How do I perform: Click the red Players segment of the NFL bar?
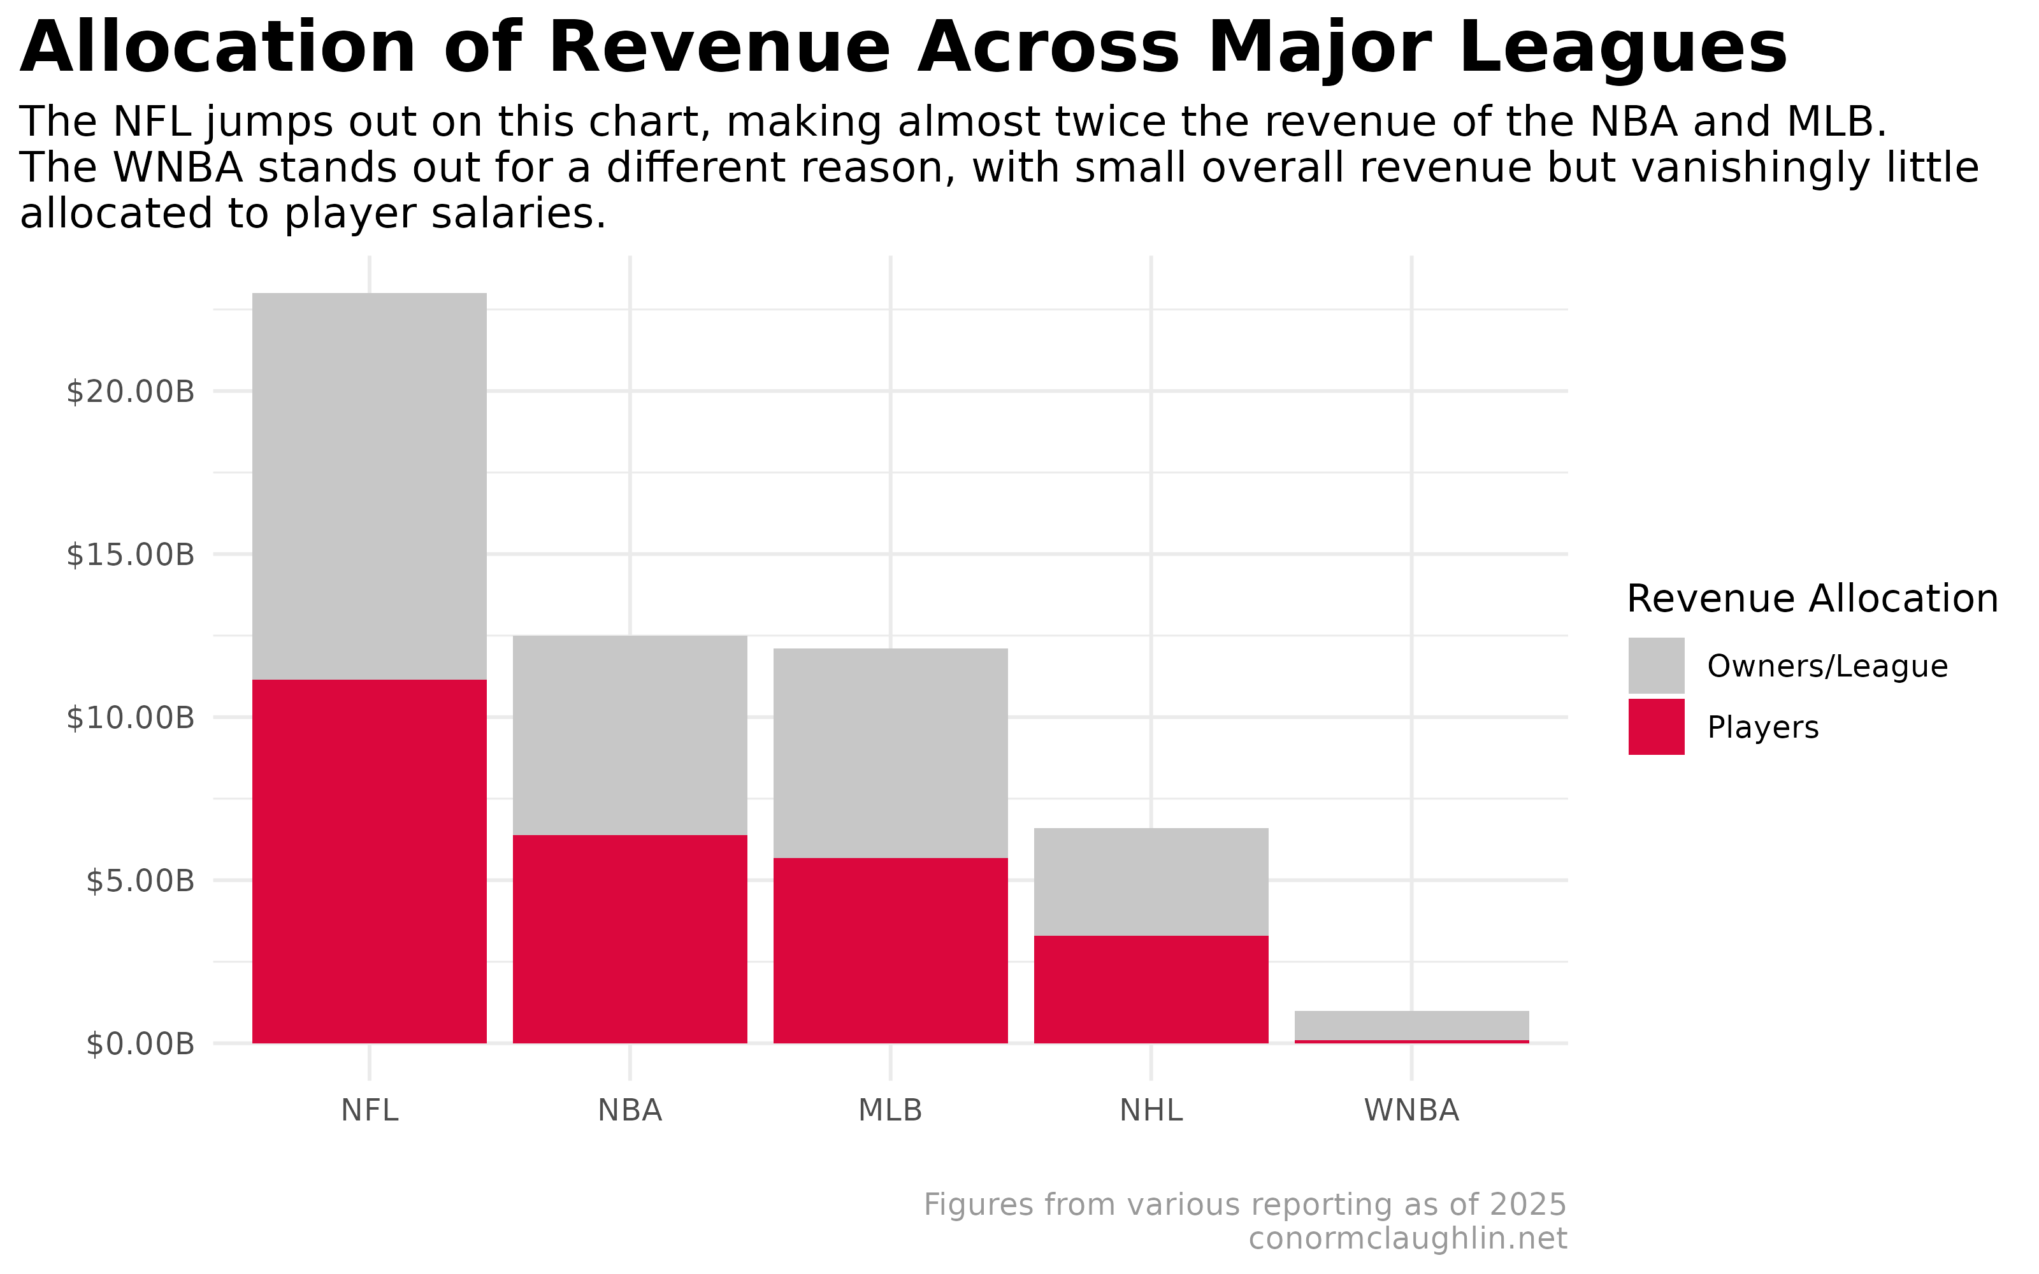click(369, 861)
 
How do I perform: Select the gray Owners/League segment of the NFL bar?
click(369, 486)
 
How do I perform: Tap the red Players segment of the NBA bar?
click(630, 939)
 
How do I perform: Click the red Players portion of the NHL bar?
click(1150, 989)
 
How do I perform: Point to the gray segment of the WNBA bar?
click(1411, 1024)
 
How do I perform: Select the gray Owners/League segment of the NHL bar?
click(1150, 882)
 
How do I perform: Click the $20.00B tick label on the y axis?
click(131, 392)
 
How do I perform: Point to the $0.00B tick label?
click(140, 1044)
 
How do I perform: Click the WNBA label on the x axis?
click(1411, 1110)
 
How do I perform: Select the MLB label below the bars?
click(890, 1110)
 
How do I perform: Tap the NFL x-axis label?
click(369, 1110)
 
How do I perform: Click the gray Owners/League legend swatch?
click(1655, 666)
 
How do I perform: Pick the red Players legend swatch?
click(1655, 726)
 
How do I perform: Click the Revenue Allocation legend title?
click(1812, 599)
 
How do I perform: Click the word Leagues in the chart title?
click(1497, 49)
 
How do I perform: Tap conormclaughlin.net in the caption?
click(1407, 1238)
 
